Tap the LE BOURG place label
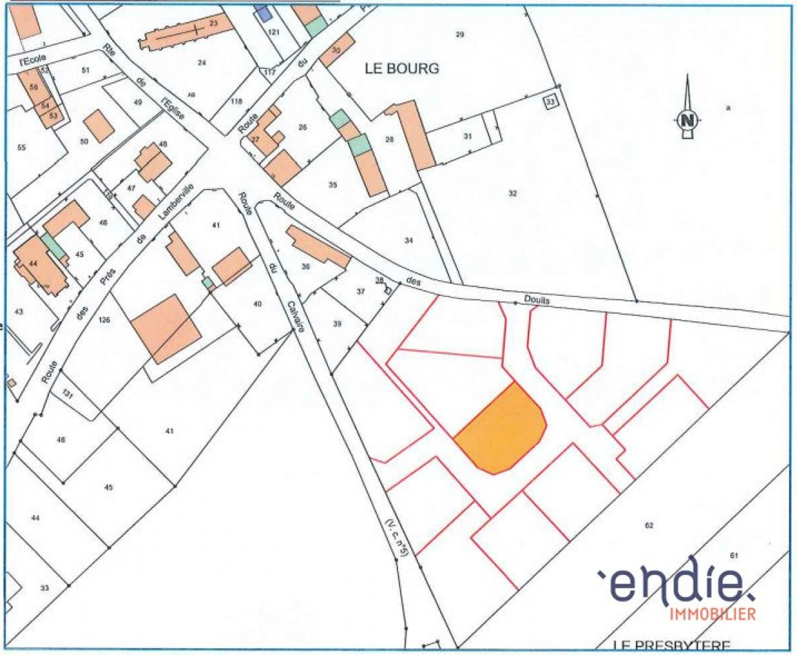pos(401,69)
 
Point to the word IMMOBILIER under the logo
pos(712,614)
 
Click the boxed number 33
pos(550,101)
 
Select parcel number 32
pos(513,193)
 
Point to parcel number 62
pos(648,525)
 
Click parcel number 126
pos(105,319)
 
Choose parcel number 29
pos(460,34)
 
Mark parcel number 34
pos(409,240)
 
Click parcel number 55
pos(21,148)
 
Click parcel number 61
pos(733,556)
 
